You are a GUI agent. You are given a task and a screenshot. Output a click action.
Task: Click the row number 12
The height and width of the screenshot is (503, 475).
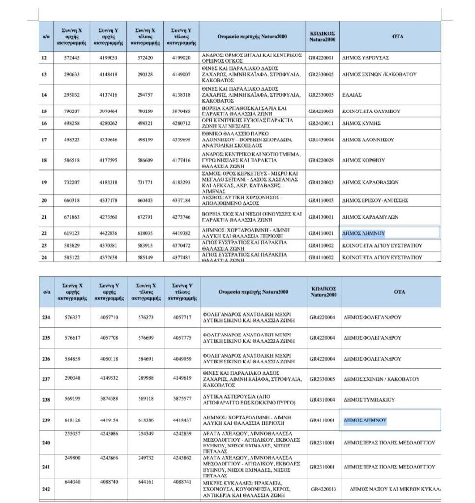(x=44, y=58)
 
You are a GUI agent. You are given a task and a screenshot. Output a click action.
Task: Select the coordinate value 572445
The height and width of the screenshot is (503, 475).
(x=72, y=58)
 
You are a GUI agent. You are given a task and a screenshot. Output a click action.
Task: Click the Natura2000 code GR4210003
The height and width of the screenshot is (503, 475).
(x=321, y=112)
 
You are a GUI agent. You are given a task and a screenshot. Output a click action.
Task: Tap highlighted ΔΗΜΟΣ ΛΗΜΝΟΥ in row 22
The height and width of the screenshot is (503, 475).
(x=363, y=234)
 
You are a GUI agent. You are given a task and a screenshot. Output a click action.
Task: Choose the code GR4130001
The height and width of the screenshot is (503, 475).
(x=321, y=217)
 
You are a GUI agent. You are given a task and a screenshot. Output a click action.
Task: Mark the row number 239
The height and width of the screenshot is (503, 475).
(x=46, y=420)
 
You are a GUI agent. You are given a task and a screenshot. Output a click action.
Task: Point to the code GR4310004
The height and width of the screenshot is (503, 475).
(x=322, y=400)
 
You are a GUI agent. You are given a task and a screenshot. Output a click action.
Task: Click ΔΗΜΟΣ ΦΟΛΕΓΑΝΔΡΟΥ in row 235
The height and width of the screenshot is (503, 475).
(x=372, y=338)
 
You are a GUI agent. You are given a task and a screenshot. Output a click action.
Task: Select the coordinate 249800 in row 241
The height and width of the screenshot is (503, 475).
(x=72, y=457)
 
